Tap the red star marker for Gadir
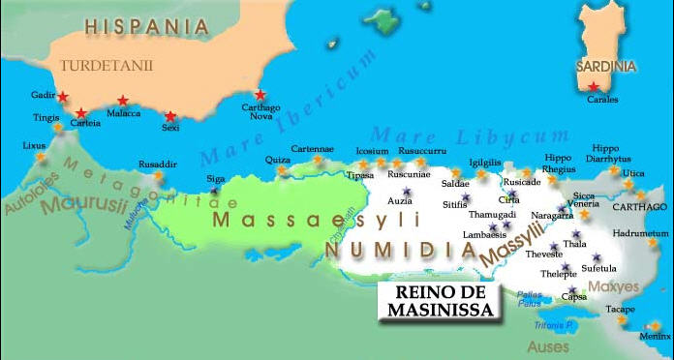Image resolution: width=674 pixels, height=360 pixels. coord(63,97)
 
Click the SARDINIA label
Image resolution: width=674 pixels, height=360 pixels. coord(605,67)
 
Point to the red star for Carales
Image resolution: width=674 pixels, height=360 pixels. coord(594,87)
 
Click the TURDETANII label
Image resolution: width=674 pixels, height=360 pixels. coord(100,66)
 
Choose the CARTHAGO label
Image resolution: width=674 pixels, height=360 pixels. coord(640,207)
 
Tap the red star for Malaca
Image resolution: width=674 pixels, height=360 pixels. coord(123,100)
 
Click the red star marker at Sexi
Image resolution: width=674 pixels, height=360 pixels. coord(170,116)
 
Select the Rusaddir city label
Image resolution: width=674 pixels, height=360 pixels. coord(158,165)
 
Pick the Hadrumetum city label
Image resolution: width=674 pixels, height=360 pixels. coord(642,233)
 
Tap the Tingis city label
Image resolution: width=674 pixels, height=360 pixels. coord(47,117)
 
